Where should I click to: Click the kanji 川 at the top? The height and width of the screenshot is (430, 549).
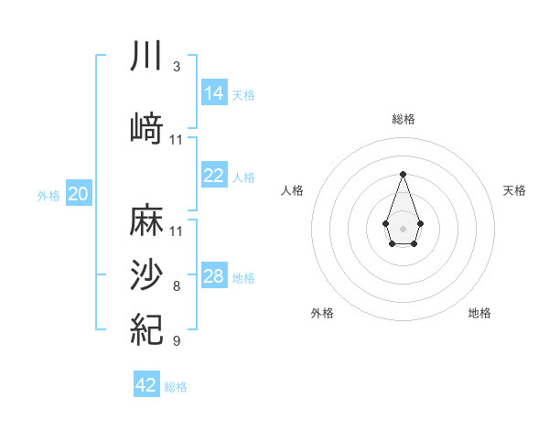point(146,56)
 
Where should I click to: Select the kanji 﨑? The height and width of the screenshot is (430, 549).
point(146,128)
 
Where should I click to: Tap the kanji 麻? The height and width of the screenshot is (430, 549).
point(146,220)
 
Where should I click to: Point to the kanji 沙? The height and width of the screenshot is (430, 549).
point(146,275)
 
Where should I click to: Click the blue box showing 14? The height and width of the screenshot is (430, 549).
point(214,93)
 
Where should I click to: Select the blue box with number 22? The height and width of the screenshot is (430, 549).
point(214,176)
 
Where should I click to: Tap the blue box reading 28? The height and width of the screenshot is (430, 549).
point(214,276)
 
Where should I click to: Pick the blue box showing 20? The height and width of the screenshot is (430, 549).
point(79,194)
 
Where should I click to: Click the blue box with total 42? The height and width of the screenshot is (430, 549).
point(146,385)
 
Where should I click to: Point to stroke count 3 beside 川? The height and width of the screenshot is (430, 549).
point(177,67)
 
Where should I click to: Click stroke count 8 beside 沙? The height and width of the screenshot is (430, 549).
point(177,286)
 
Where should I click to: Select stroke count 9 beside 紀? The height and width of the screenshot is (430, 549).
point(177,341)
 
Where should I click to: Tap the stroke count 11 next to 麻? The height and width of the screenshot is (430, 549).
point(177,231)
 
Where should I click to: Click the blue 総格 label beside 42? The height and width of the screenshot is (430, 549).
point(176,387)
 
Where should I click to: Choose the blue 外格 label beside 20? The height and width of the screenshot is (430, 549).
point(48,195)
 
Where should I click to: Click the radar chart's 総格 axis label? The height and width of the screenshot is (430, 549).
point(403,119)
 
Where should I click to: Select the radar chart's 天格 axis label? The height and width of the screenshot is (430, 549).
point(514,190)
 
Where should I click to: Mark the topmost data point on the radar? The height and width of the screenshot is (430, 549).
point(403,173)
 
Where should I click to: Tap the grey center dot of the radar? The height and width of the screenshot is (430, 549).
point(403,227)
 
